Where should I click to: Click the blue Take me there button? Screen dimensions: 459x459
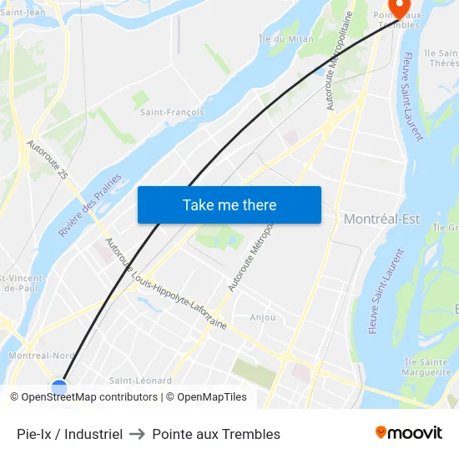pos(229,204)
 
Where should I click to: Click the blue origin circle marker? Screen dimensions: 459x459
pos(58,386)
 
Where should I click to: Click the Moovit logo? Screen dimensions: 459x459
pos(409,432)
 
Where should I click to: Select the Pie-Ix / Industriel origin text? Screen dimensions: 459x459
pos(70,434)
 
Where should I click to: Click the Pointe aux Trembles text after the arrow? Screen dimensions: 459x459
pos(216,434)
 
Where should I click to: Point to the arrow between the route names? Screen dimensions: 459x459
pos(137,434)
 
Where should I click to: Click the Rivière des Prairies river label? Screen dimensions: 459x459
pos(90,205)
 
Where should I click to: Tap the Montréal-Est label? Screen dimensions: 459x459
pos(381,219)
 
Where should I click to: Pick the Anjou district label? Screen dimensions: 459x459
pos(262,317)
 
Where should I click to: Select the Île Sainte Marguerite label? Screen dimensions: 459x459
pos(426,366)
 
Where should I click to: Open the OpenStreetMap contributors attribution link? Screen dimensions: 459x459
pos(88,397)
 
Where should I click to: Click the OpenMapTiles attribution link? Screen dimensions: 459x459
pos(209,397)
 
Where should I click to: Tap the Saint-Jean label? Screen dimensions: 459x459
pos(23,12)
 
